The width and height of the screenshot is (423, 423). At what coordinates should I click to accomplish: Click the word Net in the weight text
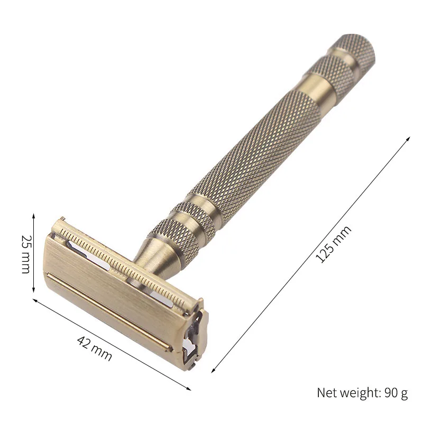coord(327,393)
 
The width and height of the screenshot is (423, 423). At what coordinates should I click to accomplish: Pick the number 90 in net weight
coord(391,393)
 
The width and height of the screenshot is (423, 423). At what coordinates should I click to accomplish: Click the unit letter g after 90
coord(404,394)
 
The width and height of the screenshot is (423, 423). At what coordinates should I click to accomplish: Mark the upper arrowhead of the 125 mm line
coord(408,137)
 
